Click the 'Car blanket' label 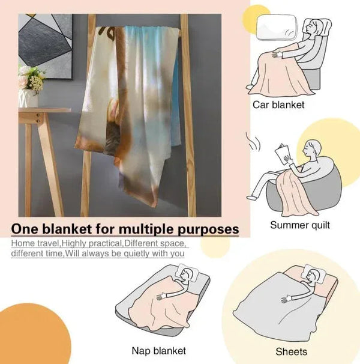coord(278,105)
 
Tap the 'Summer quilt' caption coord(299,225)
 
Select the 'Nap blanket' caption coord(158,351)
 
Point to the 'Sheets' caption coord(292,352)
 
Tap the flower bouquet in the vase coord(31,79)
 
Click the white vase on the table coord(28,99)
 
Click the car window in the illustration coord(277,27)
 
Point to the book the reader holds coord(282,154)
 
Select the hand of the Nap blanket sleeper coord(161,297)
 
